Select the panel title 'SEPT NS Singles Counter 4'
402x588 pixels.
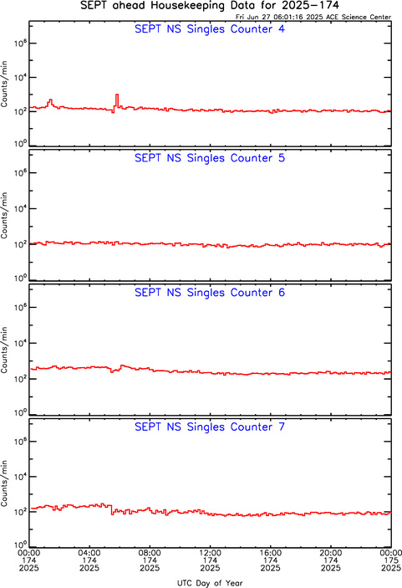210,29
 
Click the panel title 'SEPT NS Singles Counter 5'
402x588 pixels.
210,158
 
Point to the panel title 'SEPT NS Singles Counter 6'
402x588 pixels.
210,293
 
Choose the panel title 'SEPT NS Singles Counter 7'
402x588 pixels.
210,427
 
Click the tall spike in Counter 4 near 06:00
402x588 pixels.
117,100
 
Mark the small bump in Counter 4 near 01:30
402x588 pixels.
50,103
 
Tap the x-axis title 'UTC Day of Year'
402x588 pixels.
210,583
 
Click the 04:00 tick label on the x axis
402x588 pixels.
89,553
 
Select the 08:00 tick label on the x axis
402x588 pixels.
150,553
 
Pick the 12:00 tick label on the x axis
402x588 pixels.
210,553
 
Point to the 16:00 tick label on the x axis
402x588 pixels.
270,553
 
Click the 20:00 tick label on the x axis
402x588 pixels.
330,553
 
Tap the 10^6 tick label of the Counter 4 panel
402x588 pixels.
20,43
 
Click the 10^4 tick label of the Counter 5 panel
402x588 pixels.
20,208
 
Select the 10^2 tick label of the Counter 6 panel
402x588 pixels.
20,378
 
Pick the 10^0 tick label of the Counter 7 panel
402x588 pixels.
20,545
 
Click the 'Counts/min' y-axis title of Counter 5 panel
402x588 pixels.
4,216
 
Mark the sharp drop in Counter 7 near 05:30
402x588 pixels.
112,509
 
